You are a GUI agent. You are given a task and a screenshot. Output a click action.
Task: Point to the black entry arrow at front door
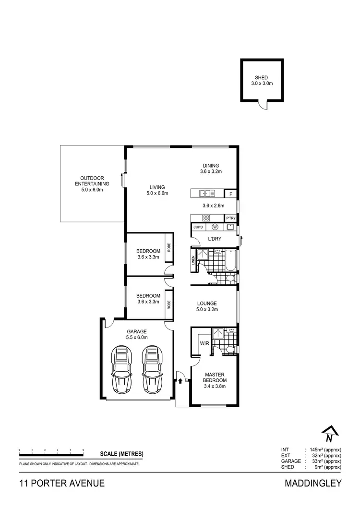[x=180, y=381]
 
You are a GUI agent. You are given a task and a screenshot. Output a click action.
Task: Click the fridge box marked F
[x=231, y=194]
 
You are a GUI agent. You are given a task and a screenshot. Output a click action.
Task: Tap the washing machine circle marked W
[x=215, y=227]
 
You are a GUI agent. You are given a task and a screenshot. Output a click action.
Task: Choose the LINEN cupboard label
[x=193, y=260]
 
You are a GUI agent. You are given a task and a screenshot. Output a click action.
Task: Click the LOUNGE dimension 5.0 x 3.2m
[x=207, y=309]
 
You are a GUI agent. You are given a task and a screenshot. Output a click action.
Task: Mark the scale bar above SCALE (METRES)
[x=51, y=450]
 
